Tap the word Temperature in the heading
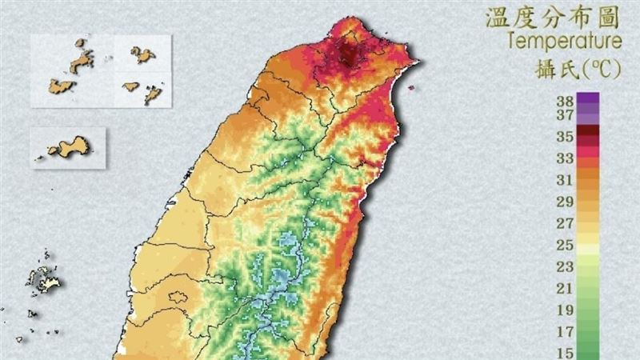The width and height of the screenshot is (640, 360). tap(564, 40)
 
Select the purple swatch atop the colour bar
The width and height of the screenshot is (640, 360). tap(588, 100)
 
